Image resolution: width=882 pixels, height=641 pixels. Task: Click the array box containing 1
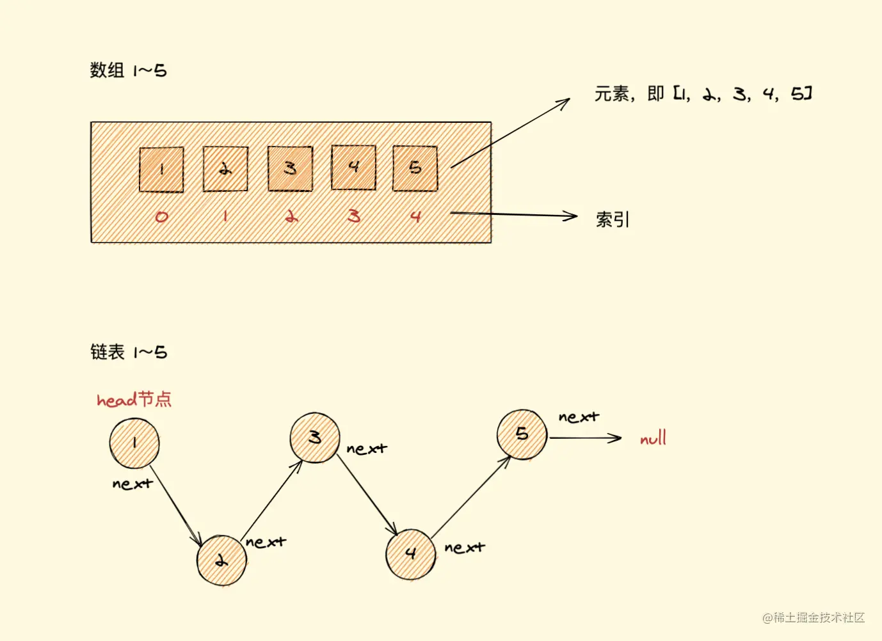pos(161,170)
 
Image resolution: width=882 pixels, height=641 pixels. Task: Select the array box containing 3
pos(290,168)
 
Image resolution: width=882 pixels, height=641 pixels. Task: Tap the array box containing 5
pos(415,168)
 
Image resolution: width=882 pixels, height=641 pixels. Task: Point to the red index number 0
pos(161,217)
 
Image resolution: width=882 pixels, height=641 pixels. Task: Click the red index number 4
pos(415,217)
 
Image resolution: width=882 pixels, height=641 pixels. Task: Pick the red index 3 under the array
pos(354,217)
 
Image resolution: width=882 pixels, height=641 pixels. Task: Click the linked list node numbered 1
pos(134,443)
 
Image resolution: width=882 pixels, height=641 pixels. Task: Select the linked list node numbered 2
pos(221,560)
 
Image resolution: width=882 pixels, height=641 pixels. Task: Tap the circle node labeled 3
pos(314,438)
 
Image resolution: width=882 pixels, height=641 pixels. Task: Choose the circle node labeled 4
pos(410,554)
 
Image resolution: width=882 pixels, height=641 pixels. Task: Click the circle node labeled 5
pos(522,434)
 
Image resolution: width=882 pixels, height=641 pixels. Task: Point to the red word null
pos(653,439)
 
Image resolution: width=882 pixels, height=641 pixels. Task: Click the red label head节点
pos(134,400)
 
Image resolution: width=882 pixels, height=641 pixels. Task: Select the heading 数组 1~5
pos(128,70)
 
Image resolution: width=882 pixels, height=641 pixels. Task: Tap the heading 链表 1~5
pos(128,352)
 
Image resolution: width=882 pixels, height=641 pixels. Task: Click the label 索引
pos(613,219)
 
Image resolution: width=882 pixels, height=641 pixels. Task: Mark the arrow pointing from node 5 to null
pos(585,438)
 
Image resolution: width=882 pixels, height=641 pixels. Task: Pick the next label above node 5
pos(579,418)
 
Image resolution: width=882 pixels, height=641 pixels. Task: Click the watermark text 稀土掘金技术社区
pos(814,617)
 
